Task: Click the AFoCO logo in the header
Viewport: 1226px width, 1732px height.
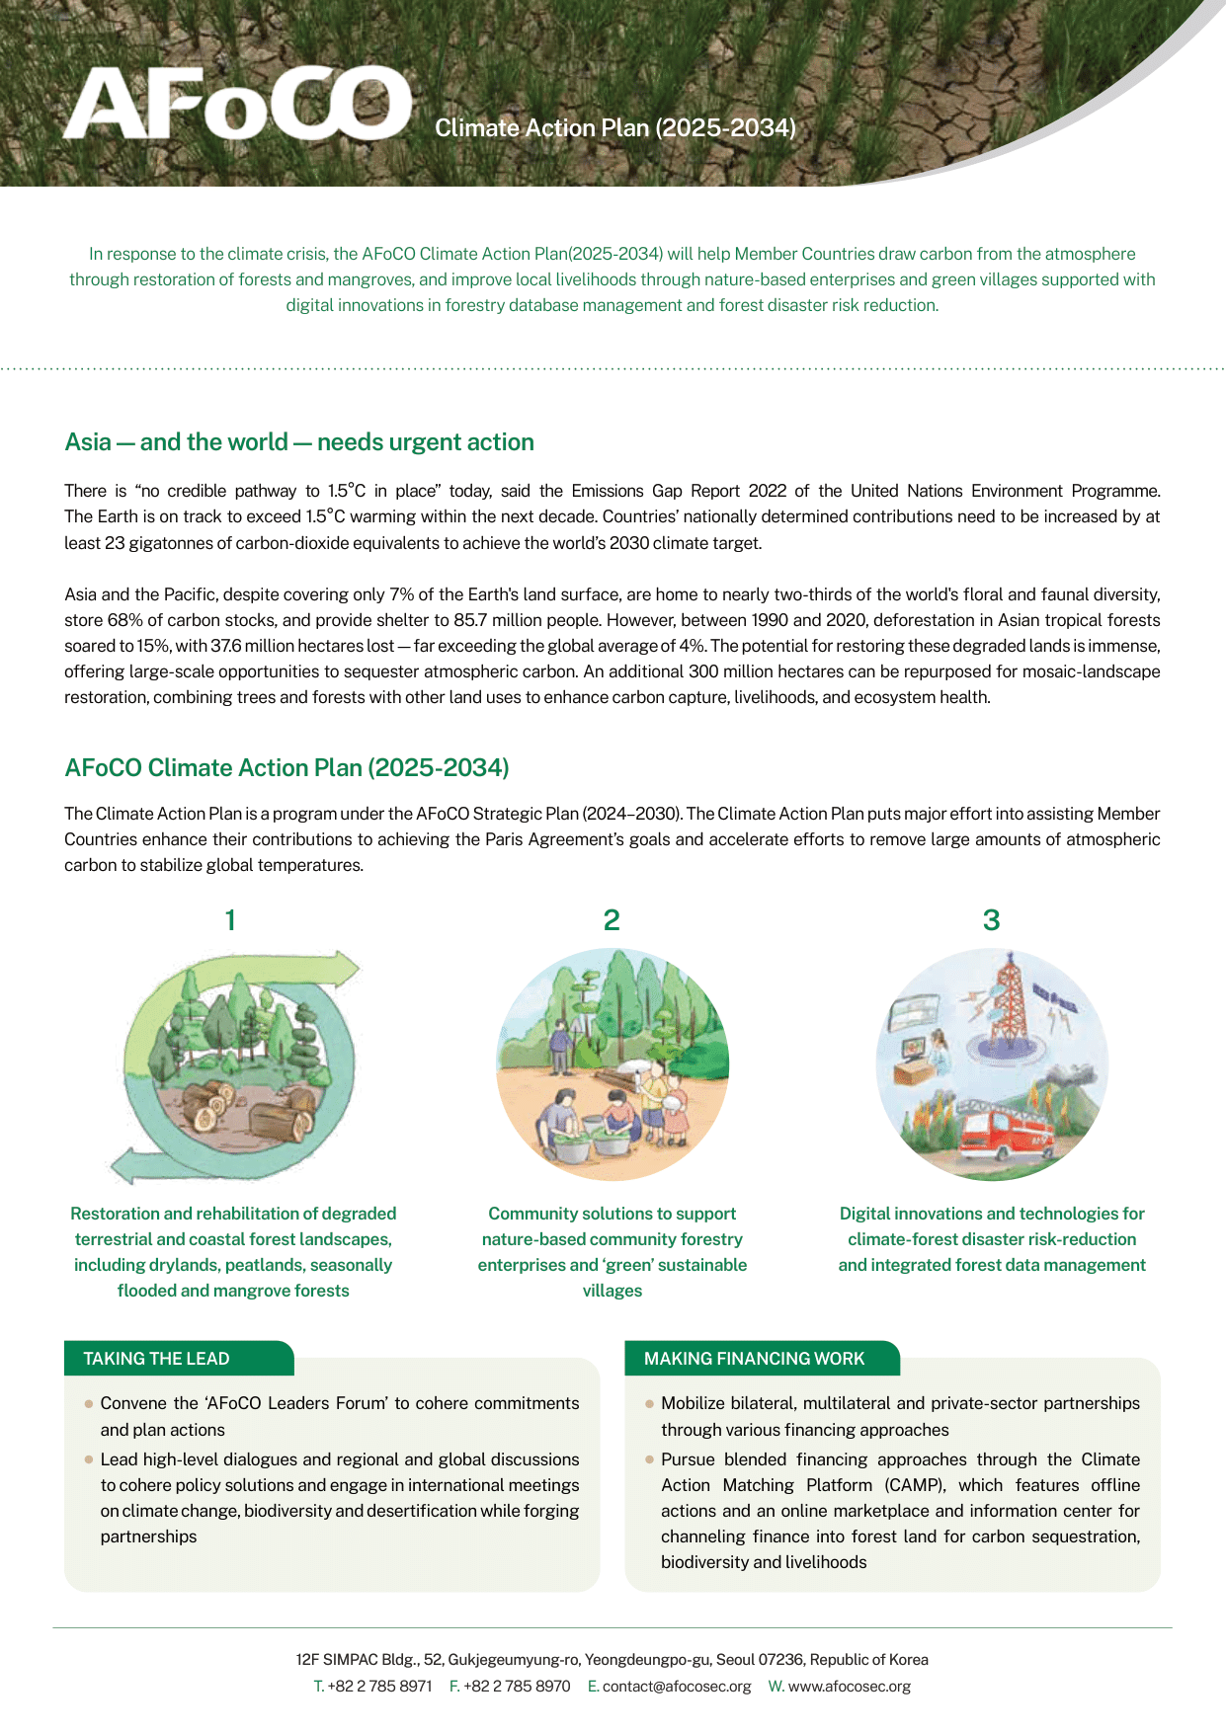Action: [237, 105]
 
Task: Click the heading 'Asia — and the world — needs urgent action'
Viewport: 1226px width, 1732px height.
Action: [299, 442]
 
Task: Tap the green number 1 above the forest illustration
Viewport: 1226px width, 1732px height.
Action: [230, 920]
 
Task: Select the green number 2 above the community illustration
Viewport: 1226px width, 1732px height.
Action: [612, 920]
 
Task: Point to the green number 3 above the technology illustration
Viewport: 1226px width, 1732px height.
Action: [991, 920]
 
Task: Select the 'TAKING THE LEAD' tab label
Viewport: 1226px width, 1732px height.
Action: [156, 1359]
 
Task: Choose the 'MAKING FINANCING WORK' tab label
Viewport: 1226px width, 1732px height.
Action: [754, 1359]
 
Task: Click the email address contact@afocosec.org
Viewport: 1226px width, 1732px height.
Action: [677, 1687]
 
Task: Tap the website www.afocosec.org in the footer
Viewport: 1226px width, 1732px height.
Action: [850, 1687]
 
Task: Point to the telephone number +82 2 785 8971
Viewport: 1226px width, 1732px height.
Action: [379, 1687]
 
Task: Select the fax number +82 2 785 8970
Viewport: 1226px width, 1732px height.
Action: [517, 1687]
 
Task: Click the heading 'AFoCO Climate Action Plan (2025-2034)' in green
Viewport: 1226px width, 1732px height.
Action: [286, 768]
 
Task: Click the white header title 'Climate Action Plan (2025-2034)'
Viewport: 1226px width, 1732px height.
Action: [615, 128]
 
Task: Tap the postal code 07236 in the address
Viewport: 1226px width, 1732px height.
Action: [780, 1660]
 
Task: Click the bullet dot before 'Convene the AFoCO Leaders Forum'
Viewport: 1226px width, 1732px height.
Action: [90, 1403]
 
